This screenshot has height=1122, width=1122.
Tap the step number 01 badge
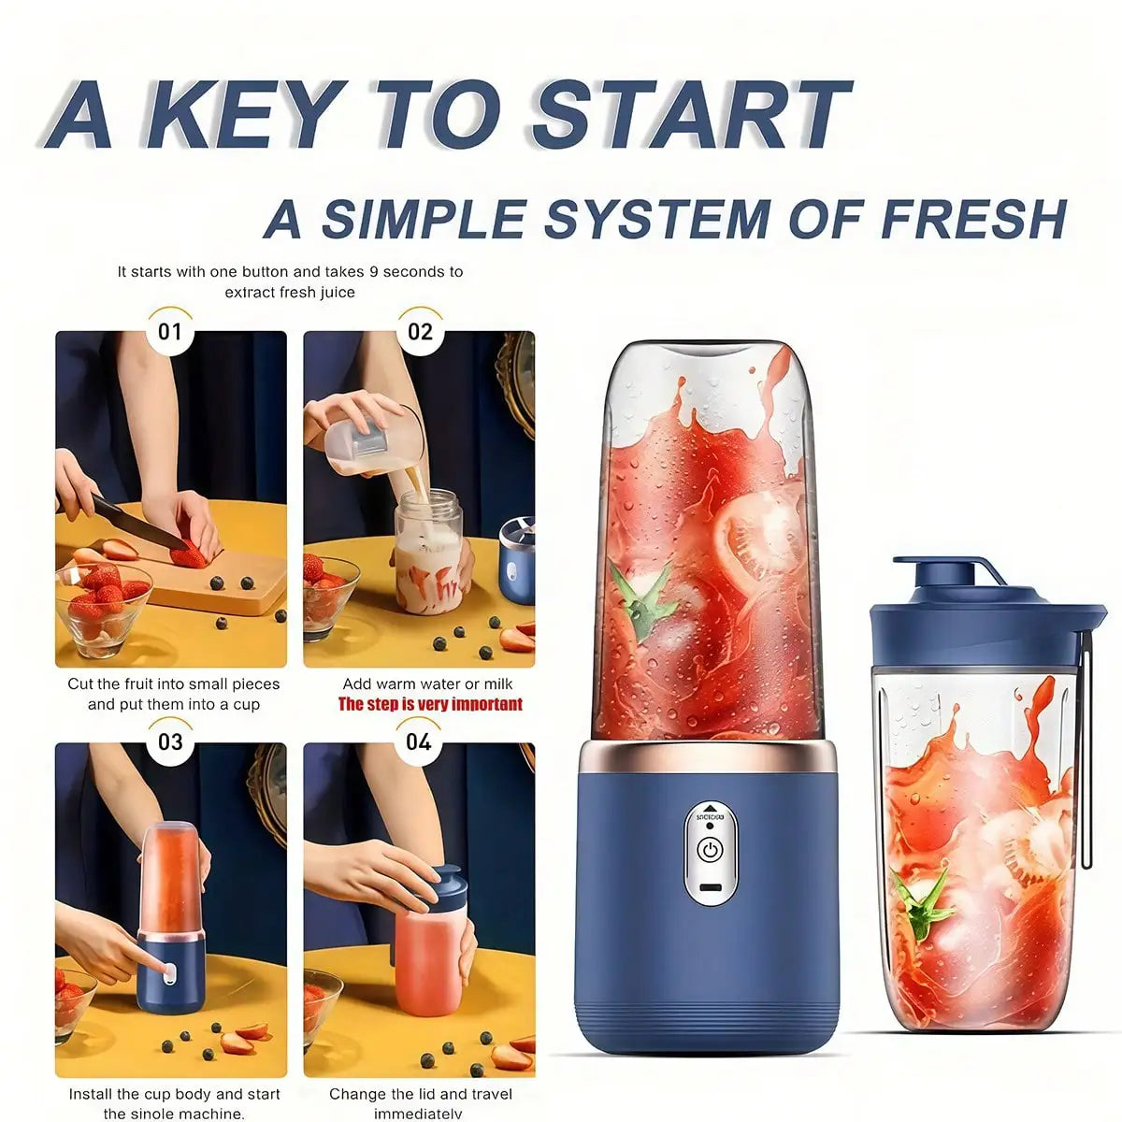pos(170,332)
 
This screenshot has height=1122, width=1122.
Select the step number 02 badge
pos(420,332)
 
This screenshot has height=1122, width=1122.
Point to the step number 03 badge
pos(170,742)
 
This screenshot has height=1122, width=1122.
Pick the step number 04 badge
pos(418,742)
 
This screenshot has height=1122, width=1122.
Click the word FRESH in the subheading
pos(972,219)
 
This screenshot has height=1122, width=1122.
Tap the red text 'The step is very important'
pos(430,704)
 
